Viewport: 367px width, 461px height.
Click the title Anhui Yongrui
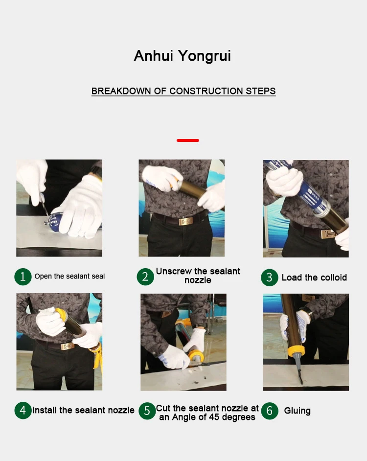coord(183,56)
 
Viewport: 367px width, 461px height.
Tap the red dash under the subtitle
coord(188,140)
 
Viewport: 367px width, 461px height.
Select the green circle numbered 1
coord(23,277)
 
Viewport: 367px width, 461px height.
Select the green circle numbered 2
coord(145,277)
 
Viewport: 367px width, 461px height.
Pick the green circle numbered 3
coord(269,277)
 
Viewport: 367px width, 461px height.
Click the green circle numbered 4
coord(23,411)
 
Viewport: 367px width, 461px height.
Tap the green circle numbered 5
coord(147,411)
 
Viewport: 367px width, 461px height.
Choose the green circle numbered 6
coord(269,411)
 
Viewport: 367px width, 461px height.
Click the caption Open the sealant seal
coord(69,277)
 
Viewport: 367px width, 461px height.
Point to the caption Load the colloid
coord(314,277)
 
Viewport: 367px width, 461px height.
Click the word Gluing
coord(298,411)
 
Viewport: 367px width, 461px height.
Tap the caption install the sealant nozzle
coord(84,410)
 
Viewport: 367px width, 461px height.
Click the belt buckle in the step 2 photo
coord(185,221)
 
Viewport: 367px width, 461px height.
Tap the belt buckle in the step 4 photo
coord(68,346)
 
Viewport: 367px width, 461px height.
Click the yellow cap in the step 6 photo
coord(296,351)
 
